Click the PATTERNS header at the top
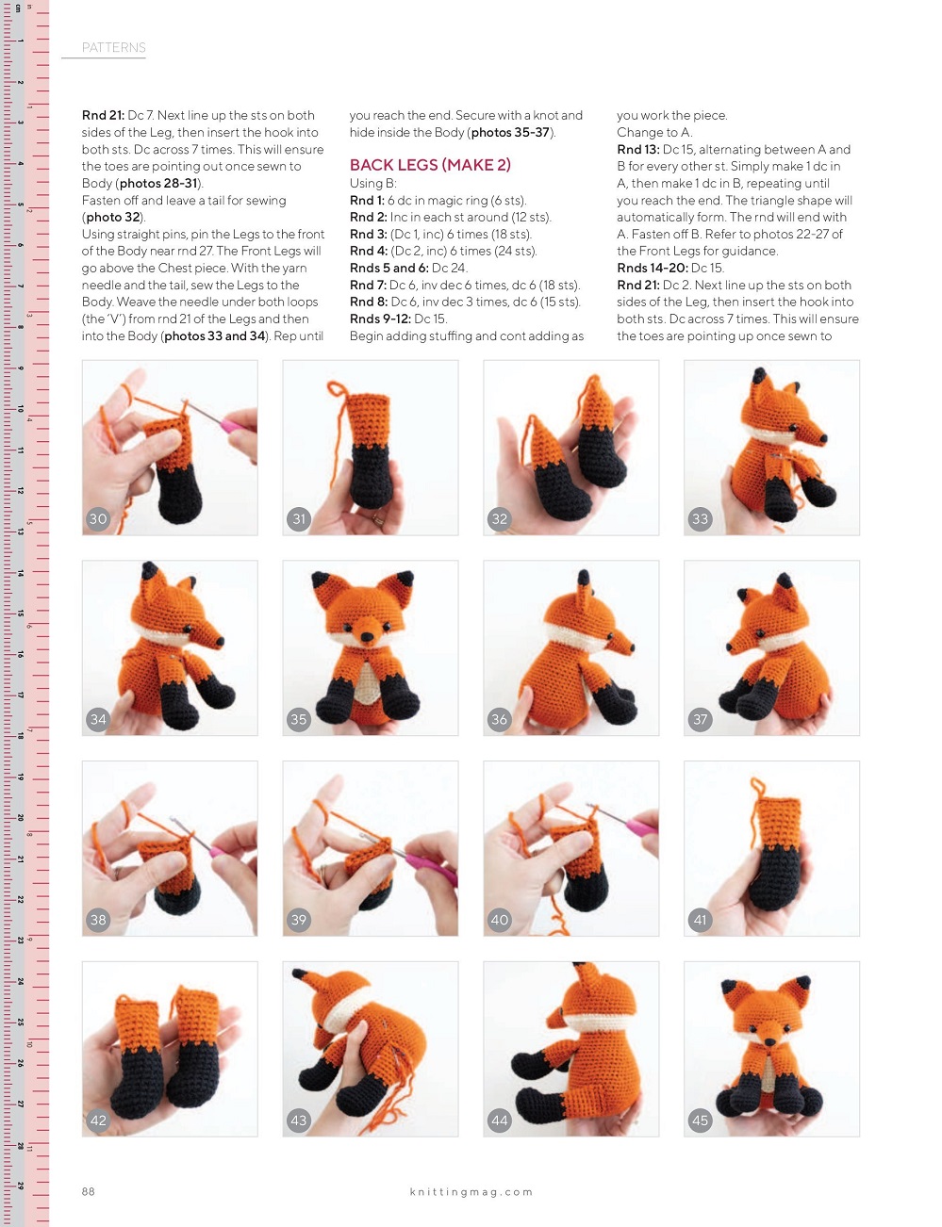coord(113,47)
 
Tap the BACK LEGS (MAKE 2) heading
coord(430,165)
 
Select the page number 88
coord(88,1191)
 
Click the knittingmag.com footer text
coord(471,1192)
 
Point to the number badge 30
coord(98,519)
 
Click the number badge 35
coord(298,719)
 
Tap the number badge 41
coord(700,919)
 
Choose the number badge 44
coord(499,1121)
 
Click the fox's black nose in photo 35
coord(367,637)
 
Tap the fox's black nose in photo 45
coord(769,1041)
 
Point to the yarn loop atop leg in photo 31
coord(338,388)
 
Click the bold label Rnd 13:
coord(637,150)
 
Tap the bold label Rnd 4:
coord(368,252)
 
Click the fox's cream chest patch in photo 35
coord(367,682)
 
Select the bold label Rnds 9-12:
coord(380,319)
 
